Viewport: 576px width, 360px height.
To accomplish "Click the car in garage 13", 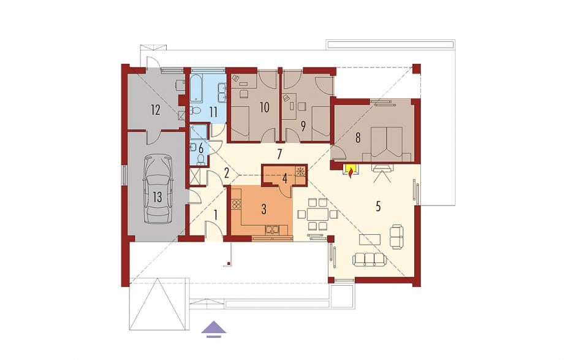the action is click(x=158, y=189).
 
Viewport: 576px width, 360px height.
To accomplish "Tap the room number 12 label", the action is click(x=156, y=110).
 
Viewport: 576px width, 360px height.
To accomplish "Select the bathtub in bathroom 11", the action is click(x=197, y=88).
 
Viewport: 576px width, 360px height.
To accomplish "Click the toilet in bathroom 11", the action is click(x=195, y=110).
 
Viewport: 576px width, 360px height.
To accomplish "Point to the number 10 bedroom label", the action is click(x=264, y=107).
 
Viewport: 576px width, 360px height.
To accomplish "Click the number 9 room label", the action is click(x=303, y=126).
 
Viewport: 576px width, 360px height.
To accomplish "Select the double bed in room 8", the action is click(x=387, y=144).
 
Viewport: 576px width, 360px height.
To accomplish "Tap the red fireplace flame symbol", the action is click(x=352, y=171).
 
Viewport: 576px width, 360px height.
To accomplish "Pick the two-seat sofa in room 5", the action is click(x=396, y=237).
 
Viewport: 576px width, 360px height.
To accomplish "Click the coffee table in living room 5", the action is click(x=370, y=239).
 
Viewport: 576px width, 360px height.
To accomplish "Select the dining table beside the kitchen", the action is click(x=318, y=214).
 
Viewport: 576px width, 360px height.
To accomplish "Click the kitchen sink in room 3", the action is click(x=273, y=230).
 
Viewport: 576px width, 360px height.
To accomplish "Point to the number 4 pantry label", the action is click(x=285, y=178).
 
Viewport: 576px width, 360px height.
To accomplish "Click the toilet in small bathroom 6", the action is click(x=200, y=159).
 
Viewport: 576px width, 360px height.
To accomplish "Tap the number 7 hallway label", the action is click(x=279, y=155).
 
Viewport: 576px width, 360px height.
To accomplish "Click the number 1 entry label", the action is click(x=216, y=215).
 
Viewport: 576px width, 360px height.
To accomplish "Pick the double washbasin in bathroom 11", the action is click(x=222, y=92).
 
